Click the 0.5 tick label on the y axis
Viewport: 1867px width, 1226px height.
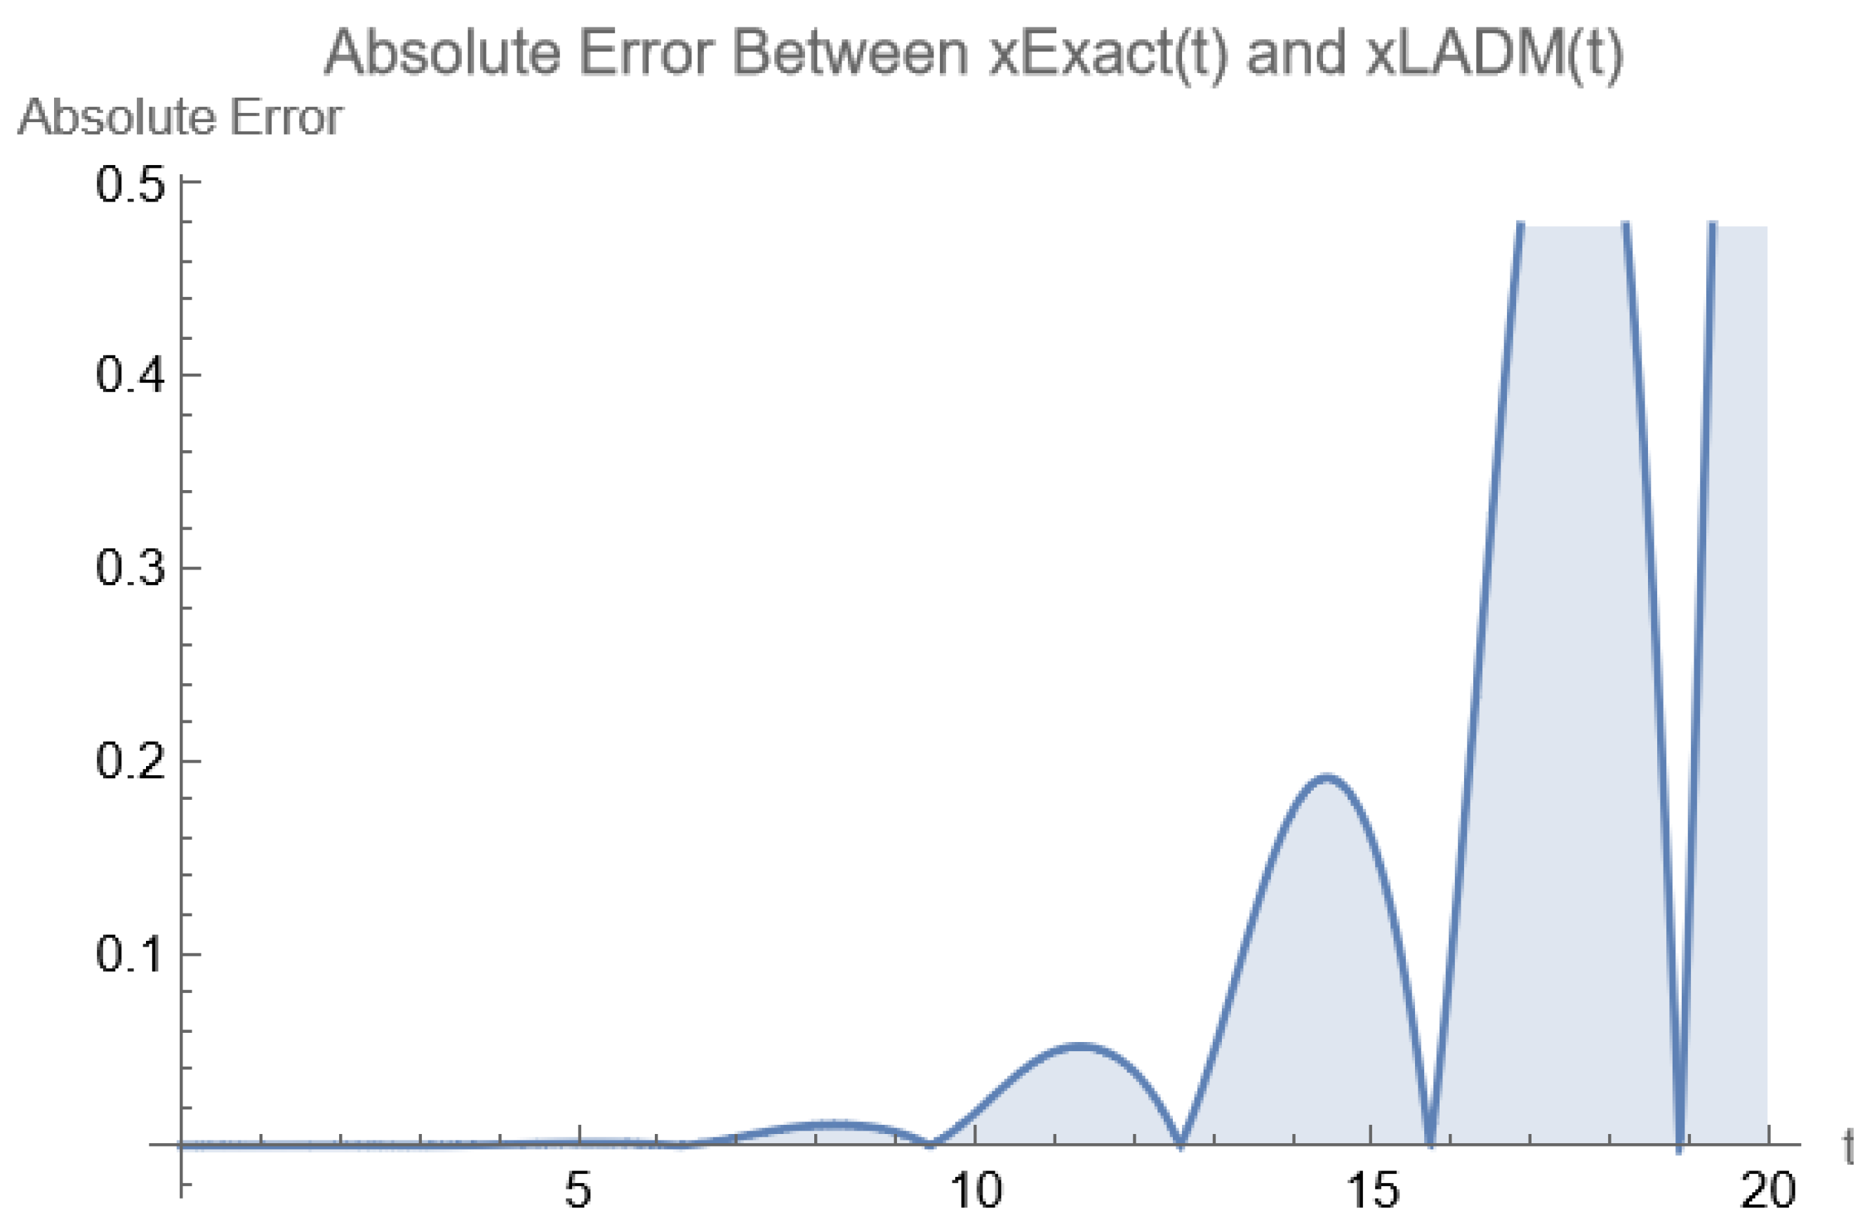[131, 185]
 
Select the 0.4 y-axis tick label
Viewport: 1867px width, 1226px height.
[131, 374]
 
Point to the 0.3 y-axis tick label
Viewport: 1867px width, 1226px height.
[131, 567]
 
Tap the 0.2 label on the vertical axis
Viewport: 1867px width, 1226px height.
[131, 760]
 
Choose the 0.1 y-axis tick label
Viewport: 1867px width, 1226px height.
[131, 954]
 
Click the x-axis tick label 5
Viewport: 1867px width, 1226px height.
[578, 1191]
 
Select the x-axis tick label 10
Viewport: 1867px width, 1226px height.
[975, 1191]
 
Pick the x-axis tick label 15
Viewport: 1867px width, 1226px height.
[1372, 1191]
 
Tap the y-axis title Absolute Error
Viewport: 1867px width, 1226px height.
[180, 119]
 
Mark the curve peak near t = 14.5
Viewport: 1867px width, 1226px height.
[1325, 777]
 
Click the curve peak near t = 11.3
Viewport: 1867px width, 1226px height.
[1079, 1046]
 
